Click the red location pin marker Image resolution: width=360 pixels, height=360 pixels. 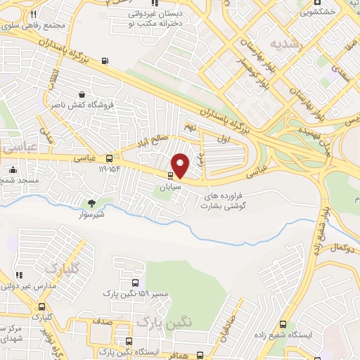pyautogui.click(x=181, y=165)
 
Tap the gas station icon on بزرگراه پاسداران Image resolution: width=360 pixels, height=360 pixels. pyautogui.click(x=105, y=60)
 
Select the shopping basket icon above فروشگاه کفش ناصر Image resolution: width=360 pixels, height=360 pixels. pyautogui.click(x=83, y=94)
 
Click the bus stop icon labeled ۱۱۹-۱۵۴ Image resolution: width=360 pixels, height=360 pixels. pyautogui.click(x=109, y=159)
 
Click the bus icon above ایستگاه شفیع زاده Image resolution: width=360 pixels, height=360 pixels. pyautogui.click(x=283, y=325)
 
